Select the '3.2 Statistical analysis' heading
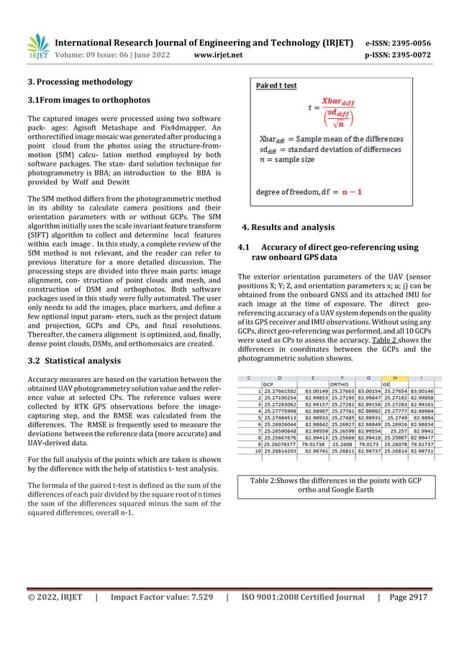(71, 360)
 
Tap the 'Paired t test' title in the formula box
(278, 85)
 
